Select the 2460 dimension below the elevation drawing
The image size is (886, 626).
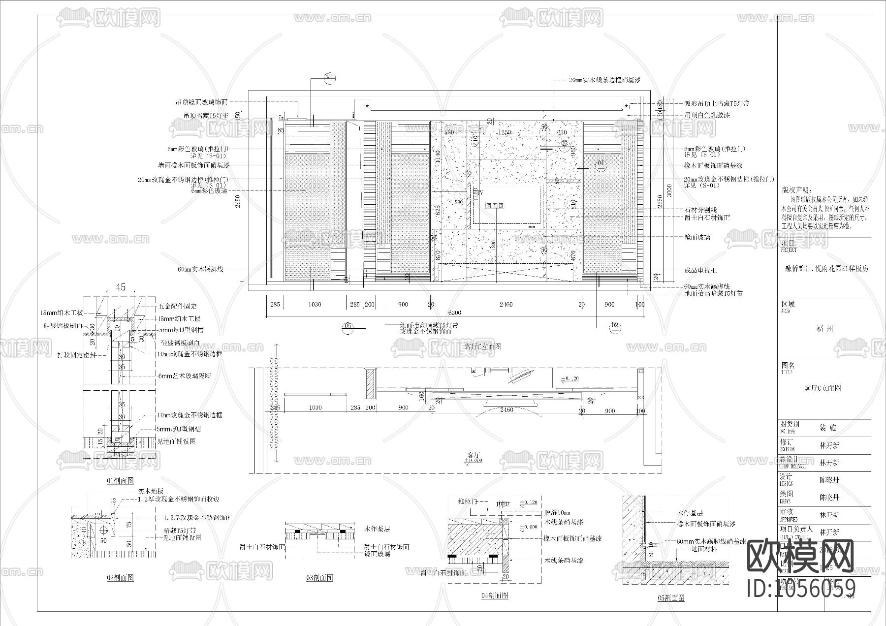[x=506, y=305]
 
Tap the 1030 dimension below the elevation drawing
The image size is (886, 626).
[x=314, y=305]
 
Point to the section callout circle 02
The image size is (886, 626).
[x=615, y=326]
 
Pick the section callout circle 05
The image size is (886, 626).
[x=348, y=326]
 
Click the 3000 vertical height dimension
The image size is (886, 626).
[x=667, y=190]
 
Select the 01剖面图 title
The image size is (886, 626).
[x=120, y=480]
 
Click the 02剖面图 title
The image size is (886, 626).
[x=120, y=577]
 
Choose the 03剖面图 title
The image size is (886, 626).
[x=319, y=577]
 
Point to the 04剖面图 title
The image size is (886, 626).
[x=495, y=595]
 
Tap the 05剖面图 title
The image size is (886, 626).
[x=670, y=598]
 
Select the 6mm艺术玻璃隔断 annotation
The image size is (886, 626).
[x=185, y=376]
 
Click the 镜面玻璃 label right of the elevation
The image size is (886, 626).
[x=697, y=237]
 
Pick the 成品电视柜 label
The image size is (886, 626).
[x=700, y=270]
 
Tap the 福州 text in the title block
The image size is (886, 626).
[x=825, y=329]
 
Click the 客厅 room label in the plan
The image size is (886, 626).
[x=474, y=455]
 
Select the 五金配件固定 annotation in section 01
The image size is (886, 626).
[x=178, y=306]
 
